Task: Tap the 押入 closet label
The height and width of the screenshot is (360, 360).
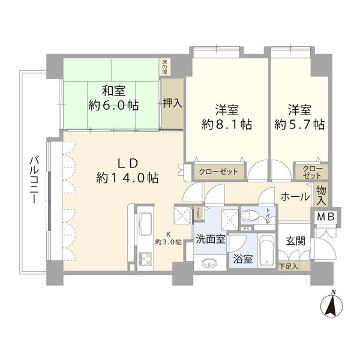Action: click(x=173, y=103)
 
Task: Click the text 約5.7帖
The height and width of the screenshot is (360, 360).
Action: click(x=299, y=125)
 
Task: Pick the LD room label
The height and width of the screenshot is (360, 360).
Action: click(x=127, y=163)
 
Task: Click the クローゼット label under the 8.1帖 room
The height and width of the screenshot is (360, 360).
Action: click(x=219, y=172)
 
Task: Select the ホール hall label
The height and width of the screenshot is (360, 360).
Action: click(x=295, y=197)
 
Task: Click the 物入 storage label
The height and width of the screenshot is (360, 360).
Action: click(x=322, y=196)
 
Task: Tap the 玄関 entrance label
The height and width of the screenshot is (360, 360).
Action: click(x=295, y=241)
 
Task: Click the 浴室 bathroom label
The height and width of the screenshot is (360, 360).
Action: click(x=242, y=261)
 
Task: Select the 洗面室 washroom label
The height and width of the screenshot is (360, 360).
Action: click(x=210, y=238)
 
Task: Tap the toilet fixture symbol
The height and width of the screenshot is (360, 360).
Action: click(x=251, y=215)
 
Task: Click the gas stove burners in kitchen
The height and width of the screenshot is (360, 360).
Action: click(x=145, y=259)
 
